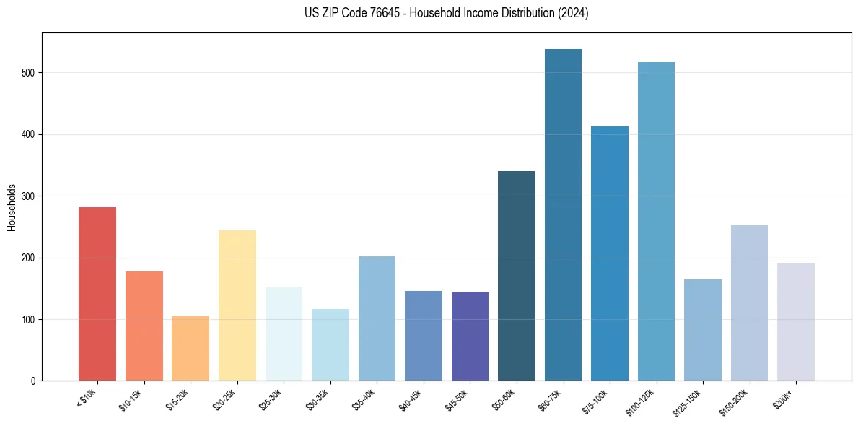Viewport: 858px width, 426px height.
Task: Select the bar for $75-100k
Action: pyautogui.click(x=610, y=253)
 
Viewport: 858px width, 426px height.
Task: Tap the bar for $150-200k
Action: pyautogui.click(x=749, y=303)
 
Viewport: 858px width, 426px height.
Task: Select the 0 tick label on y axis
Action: pyautogui.click(x=35, y=381)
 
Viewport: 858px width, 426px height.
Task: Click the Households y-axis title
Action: pyautogui.click(x=12, y=207)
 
